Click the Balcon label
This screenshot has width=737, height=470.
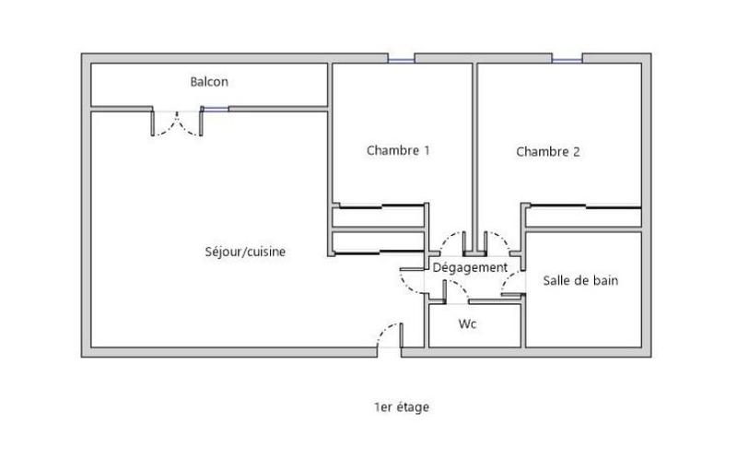point(209,82)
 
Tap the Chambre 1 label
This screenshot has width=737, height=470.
point(398,150)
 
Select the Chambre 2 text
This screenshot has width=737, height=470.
point(547,152)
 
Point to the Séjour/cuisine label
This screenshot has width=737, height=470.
point(244,251)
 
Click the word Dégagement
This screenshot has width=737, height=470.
point(470,267)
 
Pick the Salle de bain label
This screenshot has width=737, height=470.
point(580,280)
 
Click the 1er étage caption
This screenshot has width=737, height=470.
point(402,406)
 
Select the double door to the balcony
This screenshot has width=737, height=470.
point(175,123)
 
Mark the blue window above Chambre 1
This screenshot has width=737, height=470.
point(401,60)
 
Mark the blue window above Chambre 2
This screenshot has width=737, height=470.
point(567,60)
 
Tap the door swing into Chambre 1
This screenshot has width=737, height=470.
point(452,242)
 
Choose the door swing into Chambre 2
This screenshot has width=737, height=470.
point(497,242)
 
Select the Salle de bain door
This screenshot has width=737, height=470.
point(512,285)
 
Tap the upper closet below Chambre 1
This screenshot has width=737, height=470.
point(379,217)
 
